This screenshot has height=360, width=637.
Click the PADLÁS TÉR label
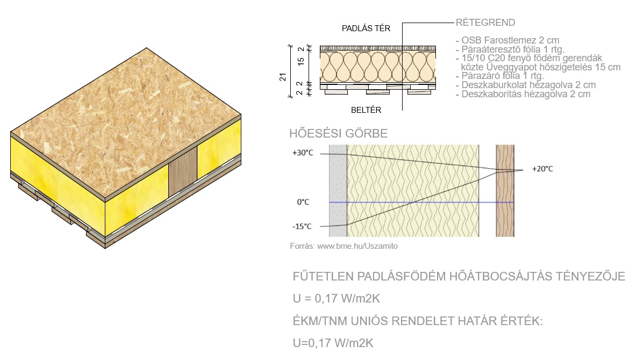(366, 28)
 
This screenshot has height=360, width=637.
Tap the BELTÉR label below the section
(366, 110)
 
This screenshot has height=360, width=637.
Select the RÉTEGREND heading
(485, 23)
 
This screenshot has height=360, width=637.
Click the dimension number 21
(283, 77)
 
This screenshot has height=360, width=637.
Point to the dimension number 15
(300, 62)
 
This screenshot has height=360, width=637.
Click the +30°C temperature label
(303, 153)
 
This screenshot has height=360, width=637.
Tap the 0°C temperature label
(303, 202)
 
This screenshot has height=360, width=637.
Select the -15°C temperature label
(302, 226)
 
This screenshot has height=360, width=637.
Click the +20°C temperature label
(542, 169)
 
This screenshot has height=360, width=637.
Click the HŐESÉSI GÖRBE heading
(339, 134)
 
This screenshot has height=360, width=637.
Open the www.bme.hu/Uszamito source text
(357, 246)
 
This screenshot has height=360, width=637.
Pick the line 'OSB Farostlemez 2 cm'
(510, 41)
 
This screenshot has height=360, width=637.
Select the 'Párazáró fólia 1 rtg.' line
(503, 76)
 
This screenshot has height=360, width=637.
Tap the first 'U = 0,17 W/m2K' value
(337, 299)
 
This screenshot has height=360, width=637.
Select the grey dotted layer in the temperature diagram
(338, 191)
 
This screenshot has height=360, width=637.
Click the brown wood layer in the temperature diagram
(505, 191)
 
